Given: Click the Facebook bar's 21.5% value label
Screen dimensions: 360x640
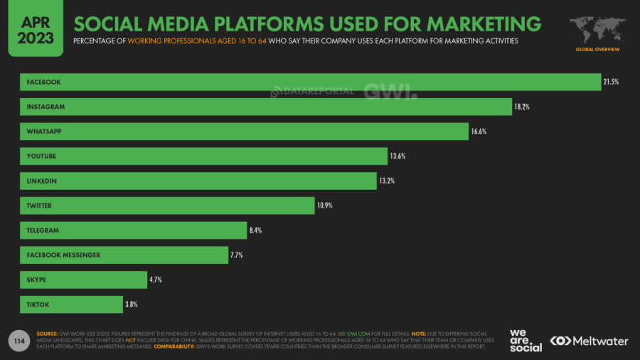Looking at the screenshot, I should pos(611,82).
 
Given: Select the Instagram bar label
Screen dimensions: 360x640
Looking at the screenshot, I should pos(46,107).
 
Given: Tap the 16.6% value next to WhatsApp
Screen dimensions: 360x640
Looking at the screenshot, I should pos(478,132).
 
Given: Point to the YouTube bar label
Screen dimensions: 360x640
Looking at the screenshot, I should pos(41,156).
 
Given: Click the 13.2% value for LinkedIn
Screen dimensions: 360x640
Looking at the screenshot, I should pos(386,181).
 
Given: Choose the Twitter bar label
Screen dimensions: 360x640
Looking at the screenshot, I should pos(40,206).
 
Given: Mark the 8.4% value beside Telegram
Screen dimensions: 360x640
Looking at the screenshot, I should pos(257,231).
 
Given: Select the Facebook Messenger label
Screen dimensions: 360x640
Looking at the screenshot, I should pos(63,255).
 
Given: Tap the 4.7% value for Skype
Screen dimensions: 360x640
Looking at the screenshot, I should pos(156,280).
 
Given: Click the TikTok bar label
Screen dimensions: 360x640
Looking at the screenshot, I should pos(38,305).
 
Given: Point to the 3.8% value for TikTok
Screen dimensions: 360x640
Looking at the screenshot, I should pos(131,305).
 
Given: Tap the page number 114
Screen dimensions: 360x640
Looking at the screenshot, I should pos(18,340).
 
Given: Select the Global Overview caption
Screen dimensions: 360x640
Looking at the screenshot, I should pos(597,49).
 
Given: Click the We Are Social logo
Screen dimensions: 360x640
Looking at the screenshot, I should pos(526,340).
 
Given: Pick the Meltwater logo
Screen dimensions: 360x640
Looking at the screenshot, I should pos(590,341).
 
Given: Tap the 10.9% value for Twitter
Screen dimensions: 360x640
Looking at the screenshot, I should pos(324,206).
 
